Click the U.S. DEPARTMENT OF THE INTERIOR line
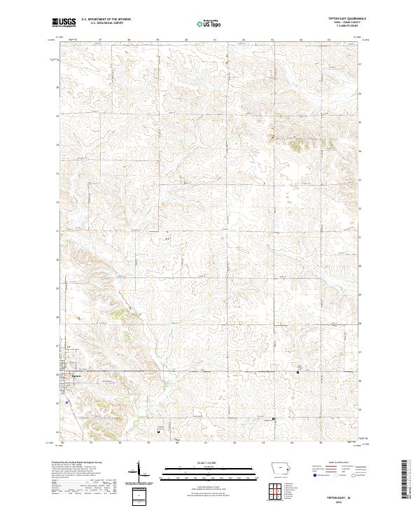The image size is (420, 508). pyautogui.click(x=106, y=19)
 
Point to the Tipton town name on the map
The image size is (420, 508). pyautogui.click(x=77, y=376)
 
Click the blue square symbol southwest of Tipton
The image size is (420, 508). pyautogui.click(x=67, y=403)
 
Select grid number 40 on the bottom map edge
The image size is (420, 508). pyautogui.click(x=178, y=443)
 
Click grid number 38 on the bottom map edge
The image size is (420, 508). pyautogui.click(x=120, y=443)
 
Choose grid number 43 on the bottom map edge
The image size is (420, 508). pyautogui.click(x=263, y=443)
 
